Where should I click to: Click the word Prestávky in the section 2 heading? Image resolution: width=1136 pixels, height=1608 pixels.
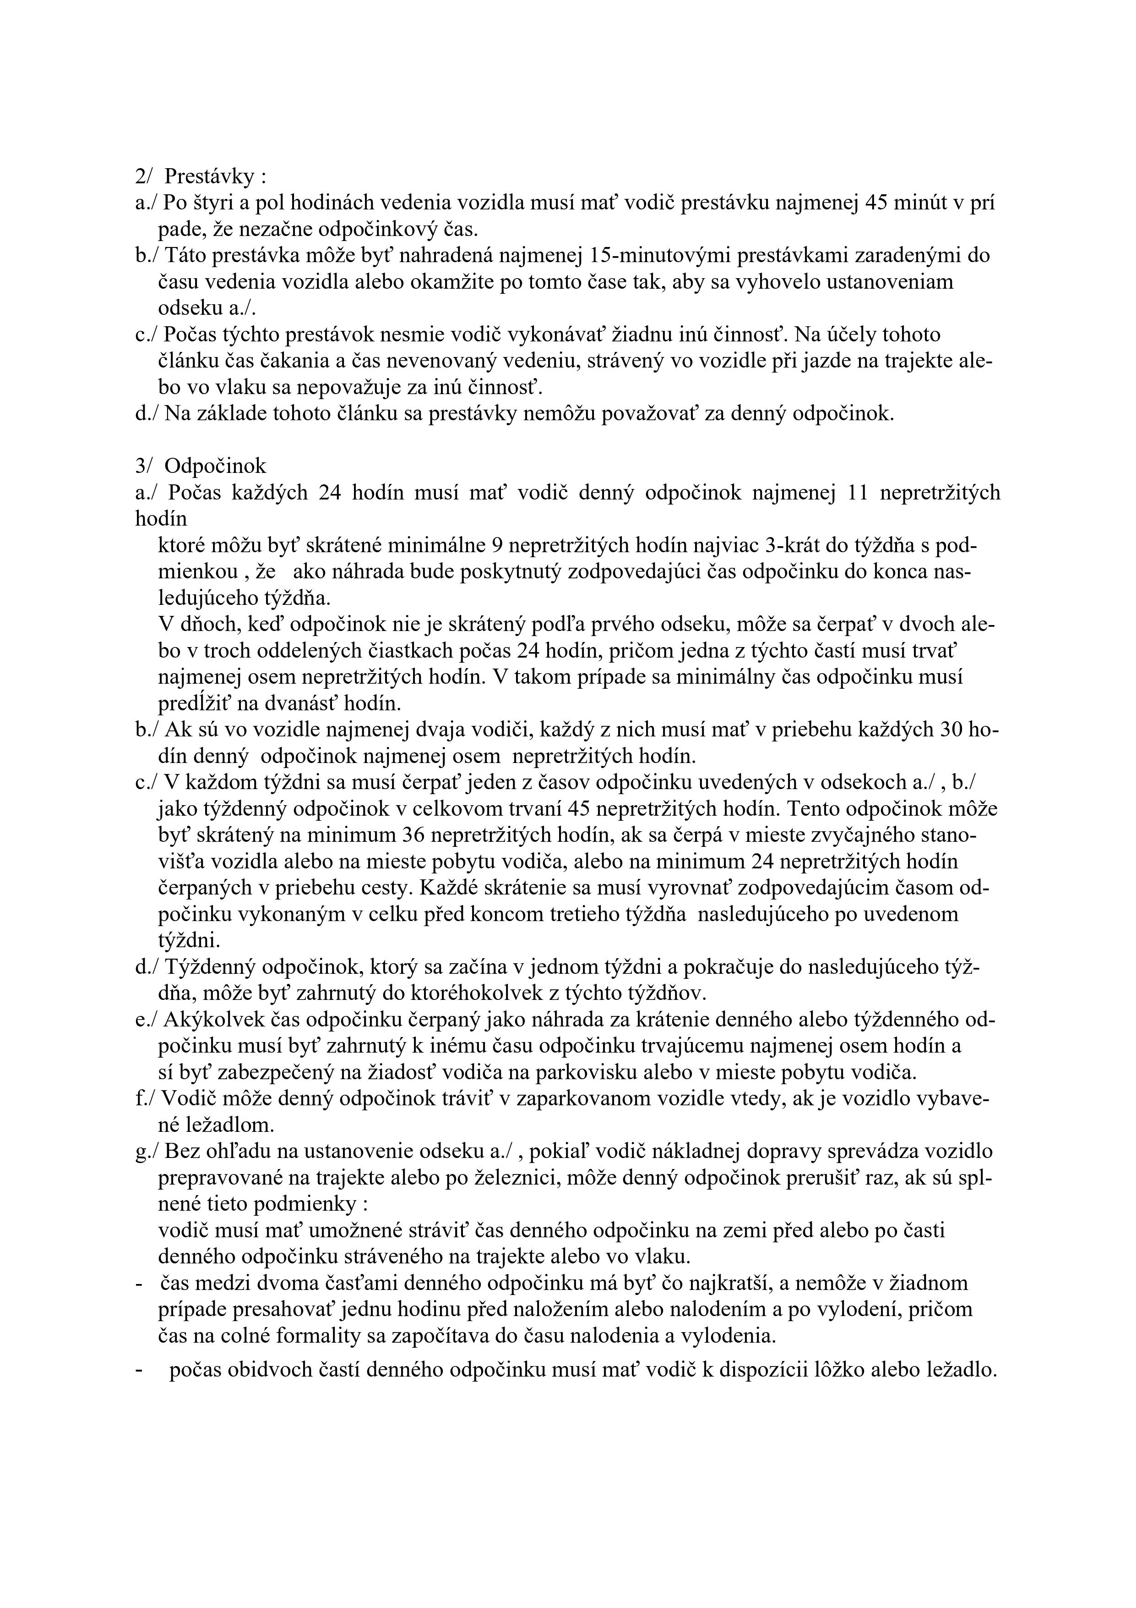(x=209, y=176)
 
